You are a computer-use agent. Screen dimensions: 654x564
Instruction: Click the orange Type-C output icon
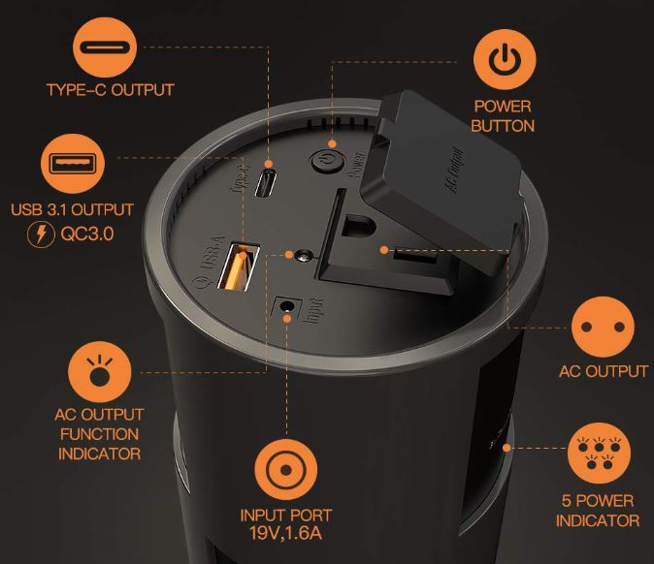105,47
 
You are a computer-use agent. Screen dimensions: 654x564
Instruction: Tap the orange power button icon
505,59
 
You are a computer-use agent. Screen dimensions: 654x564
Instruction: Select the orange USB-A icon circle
73,163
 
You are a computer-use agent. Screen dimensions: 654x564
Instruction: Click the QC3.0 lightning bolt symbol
41,235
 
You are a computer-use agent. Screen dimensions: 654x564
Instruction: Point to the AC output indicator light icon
100,372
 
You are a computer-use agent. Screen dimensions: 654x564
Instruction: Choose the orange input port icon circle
285,469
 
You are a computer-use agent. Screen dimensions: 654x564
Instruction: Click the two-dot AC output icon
603,327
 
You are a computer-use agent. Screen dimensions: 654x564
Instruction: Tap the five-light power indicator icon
599,453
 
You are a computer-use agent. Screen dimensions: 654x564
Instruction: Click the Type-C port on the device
265,183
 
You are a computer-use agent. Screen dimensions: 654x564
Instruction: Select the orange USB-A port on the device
239,266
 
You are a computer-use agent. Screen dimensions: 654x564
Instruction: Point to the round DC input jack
286,306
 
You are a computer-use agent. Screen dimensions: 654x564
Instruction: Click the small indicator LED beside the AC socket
304,256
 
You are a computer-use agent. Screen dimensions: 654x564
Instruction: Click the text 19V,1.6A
286,533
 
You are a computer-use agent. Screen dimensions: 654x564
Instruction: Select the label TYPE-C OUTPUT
110,90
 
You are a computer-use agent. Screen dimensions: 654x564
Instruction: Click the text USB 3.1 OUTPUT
72,209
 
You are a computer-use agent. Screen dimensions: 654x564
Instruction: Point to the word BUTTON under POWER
503,126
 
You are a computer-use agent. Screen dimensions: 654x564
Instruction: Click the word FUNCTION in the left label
99,434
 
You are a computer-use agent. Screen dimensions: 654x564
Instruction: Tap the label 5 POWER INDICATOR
598,511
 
